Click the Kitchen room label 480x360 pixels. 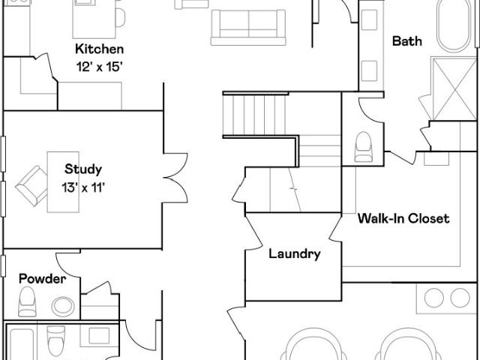pyautogui.click(x=100, y=49)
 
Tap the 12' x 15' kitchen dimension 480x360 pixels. pyautogui.click(x=100, y=67)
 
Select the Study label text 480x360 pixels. pyautogui.click(x=83, y=169)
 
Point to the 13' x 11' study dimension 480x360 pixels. pyautogui.click(x=83, y=187)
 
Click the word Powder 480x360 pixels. pyautogui.click(x=42, y=279)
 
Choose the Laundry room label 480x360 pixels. pyautogui.click(x=295, y=253)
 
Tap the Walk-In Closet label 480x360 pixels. pyautogui.click(x=403, y=218)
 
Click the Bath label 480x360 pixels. pyautogui.click(x=406, y=41)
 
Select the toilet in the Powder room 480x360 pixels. pyautogui.click(x=27, y=301)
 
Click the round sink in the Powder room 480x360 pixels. pyautogui.click(x=63, y=307)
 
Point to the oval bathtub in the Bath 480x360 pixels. pyautogui.click(x=454, y=25)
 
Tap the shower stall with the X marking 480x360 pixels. pyautogui.click(x=454, y=88)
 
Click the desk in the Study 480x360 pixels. pyautogui.click(x=63, y=181)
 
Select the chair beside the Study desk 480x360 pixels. pyautogui.click(x=31, y=185)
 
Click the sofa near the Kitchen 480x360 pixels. pyautogui.click(x=248, y=28)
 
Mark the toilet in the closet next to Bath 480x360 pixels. pyautogui.click(x=363, y=147)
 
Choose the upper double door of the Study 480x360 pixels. pyautogui.click(x=175, y=165)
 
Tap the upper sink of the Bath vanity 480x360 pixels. pyautogui.click(x=369, y=20)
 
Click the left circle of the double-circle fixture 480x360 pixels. pyautogui.click(x=434, y=298)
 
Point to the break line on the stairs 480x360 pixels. pyautogui.click(x=295, y=190)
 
